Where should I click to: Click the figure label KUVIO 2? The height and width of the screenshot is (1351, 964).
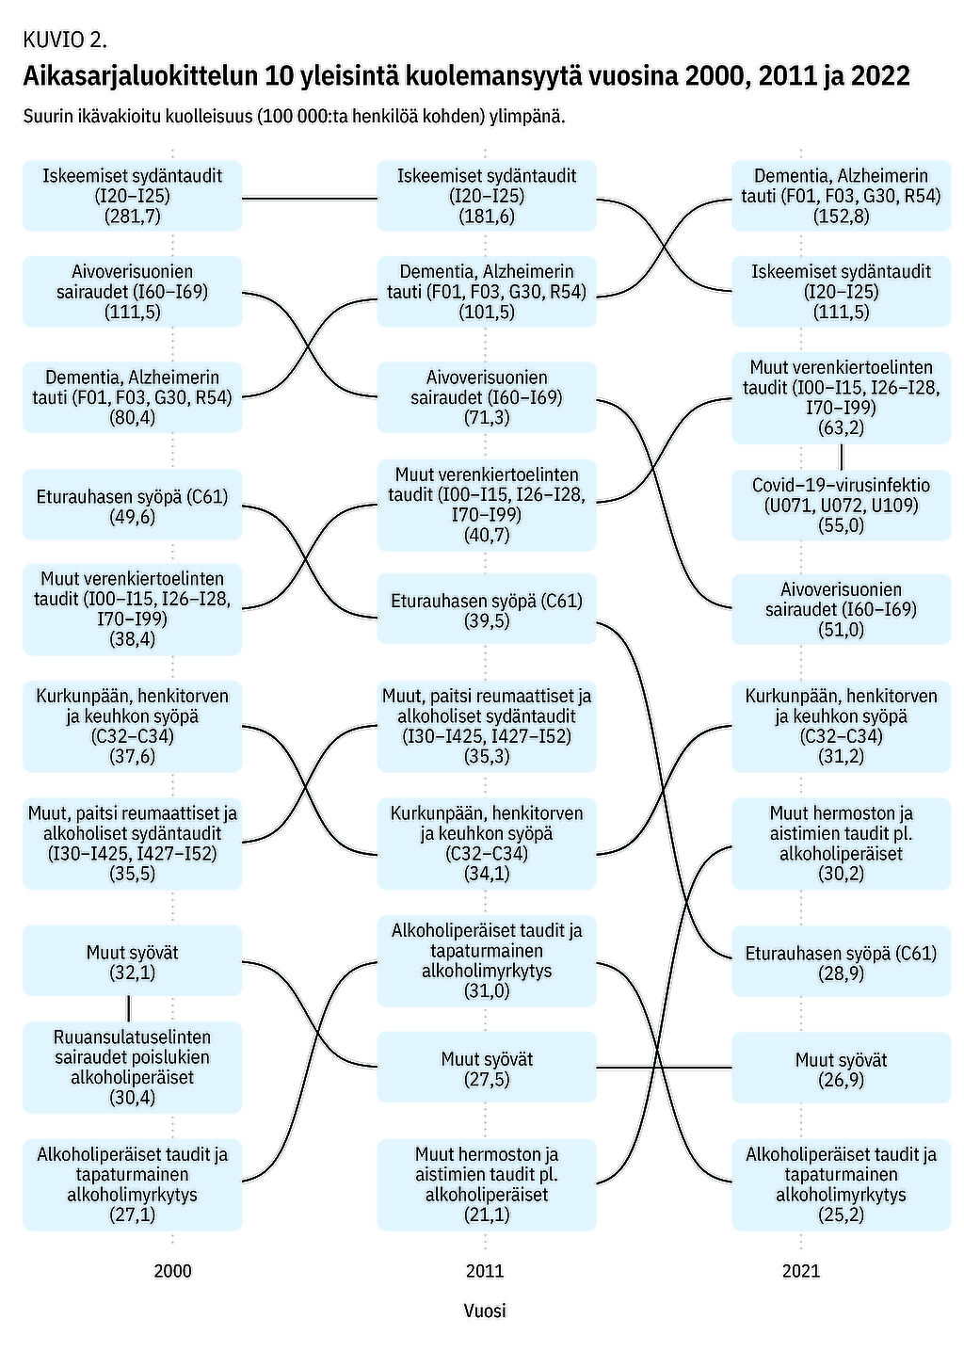pyautogui.click(x=65, y=40)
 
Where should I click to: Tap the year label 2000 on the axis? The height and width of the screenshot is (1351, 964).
pyautogui.click(x=172, y=1271)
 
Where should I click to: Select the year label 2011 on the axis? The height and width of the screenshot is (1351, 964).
pyautogui.click(x=485, y=1271)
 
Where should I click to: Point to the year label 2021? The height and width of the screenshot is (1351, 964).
pyautogui.click(x=801, y=1271)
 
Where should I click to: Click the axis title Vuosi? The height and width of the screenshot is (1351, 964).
pyautogui.click(x=485, y=1311)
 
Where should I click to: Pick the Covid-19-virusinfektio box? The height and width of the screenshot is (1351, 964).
pyautogui.click(x=841, y=506)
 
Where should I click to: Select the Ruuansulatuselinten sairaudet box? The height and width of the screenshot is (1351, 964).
pyautogui.click(x=132, y=1067)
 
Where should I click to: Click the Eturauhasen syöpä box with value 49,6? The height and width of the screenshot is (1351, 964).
pyautogui.click(x=132, y=506)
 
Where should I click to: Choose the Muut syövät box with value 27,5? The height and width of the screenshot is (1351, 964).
pyautogui.click(x=487, y=1068)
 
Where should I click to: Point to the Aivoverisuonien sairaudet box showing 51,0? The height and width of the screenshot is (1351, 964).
pyautogui.click(x=841, y=609)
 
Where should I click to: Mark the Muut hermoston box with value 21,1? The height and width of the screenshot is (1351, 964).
pyautogui.click(x=487, y=1183)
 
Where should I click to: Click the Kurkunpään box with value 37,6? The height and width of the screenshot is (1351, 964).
pyautogui.click(x=132, y=726)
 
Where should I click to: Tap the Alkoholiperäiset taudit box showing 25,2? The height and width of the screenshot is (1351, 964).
pyautogui.click(x=841, y=1183)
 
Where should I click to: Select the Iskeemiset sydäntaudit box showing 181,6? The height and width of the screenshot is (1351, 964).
pyautogui.click(x=487, y=196)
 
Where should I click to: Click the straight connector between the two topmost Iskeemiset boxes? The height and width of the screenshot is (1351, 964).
pyautogui.click(x=310, y=198)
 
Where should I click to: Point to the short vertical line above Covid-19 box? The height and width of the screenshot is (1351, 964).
pyautogui.click(x=841, y=457)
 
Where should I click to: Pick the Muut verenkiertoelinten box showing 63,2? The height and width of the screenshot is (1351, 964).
pyautogui.click(x=841, y=397)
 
